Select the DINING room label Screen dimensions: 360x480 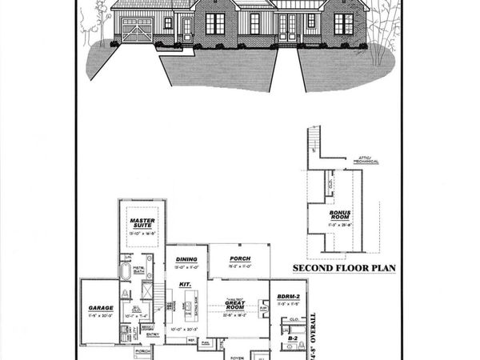coord(186,258)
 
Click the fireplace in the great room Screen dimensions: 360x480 coord(263,308)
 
